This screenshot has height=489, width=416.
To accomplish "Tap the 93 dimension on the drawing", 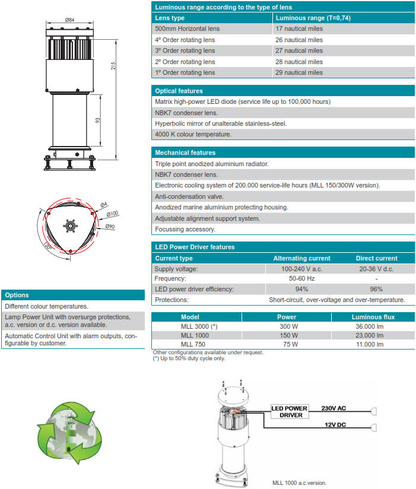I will [x=97, y=120].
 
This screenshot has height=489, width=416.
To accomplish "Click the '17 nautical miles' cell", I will [x=299, y=28].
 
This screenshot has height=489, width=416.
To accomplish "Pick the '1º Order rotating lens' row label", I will [x=185, y=72].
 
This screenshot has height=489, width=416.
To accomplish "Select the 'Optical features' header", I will [x=179, y=91].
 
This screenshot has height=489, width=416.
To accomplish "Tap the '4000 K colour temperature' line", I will [x=193, y=134].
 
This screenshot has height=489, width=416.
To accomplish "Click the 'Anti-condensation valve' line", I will [x=189, y=196].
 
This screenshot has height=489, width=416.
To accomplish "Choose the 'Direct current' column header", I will [x=376, y=258].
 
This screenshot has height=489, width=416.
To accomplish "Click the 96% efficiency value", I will [x=376, y=289].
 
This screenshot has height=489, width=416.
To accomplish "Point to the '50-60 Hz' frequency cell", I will [x=301, y=278].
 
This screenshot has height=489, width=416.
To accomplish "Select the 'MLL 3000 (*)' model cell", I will [x=198, y=327].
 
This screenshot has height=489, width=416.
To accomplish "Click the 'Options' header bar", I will [x=73, y=295].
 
